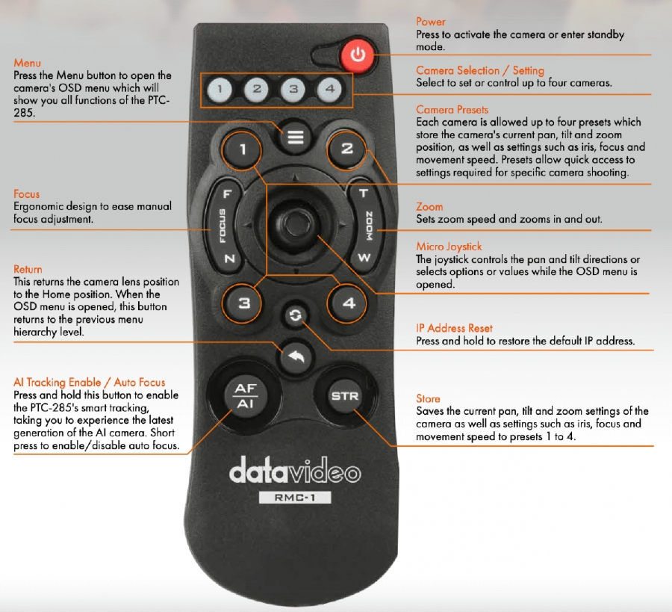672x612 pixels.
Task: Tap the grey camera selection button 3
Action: (x=293, y=89)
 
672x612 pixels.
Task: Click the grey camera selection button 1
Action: (x=220, y=89)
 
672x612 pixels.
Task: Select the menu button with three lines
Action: (x=295, y=137)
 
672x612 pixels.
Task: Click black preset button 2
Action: (x=346, y=149)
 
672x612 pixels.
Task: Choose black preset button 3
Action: (x=243, y=303)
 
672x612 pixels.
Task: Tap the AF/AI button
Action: (x=246, y=396)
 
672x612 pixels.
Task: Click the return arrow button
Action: (x=295, y=356)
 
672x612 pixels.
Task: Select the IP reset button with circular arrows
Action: (x=295, y=315)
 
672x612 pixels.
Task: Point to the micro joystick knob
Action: (x=294, y=223)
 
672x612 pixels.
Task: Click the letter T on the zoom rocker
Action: (x=363, y=194)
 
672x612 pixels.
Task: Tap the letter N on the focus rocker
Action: (x=230, y=259)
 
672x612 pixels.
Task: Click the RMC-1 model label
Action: (x=295, y=498)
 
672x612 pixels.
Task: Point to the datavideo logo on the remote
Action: (x=295, y=471)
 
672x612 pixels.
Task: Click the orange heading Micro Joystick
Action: (x=449, y=247)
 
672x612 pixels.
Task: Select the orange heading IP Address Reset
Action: (x=454, y=328)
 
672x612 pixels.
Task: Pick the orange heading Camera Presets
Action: (x=452, y=109)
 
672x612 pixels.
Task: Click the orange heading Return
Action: (x=28, y=269)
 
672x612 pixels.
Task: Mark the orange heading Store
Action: (x=428, y=398)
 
